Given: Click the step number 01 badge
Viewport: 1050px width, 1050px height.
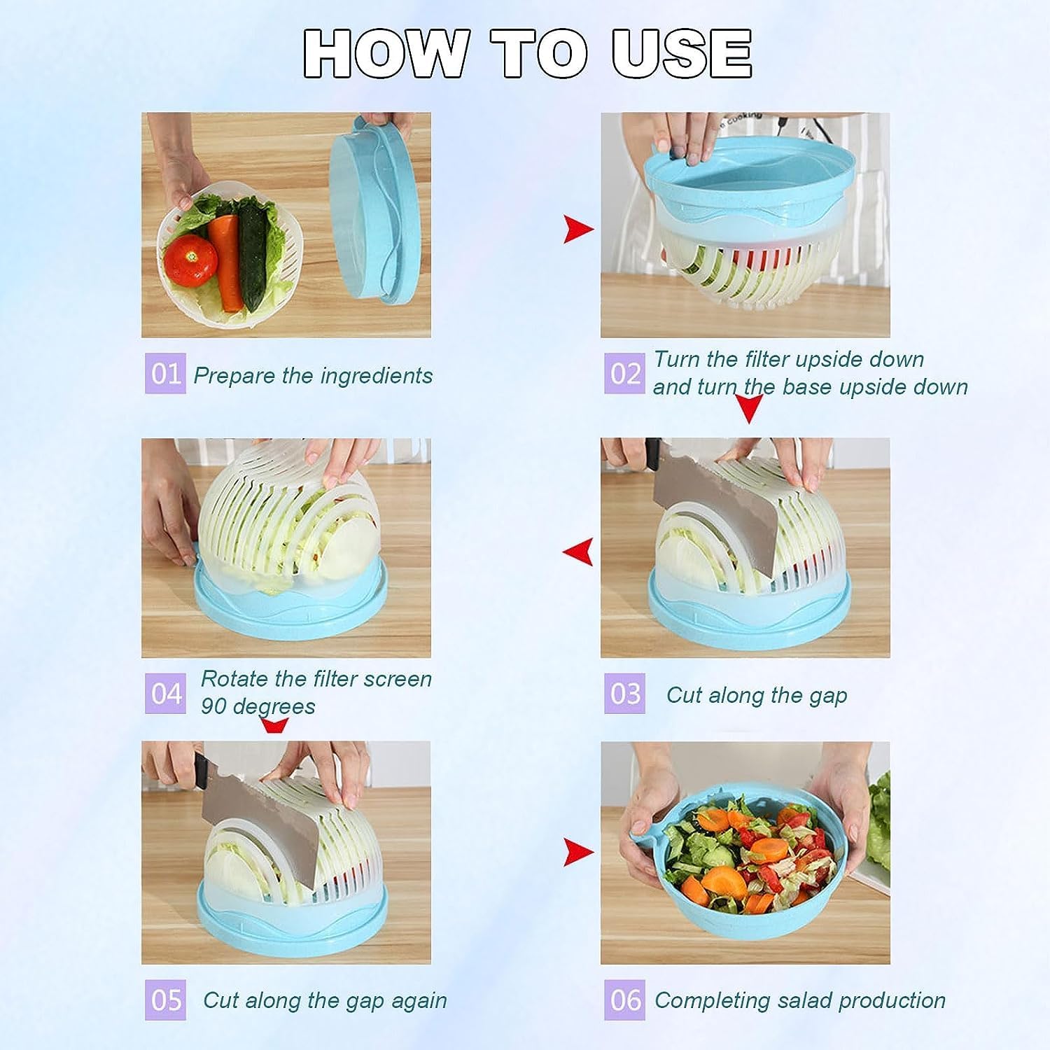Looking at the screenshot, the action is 165,374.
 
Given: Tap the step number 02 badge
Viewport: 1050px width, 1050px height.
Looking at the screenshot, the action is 624,374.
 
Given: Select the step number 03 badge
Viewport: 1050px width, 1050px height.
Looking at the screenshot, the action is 624,694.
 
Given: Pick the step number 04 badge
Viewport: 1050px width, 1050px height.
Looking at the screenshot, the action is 165,694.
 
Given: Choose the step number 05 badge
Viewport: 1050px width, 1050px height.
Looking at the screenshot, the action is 165,1000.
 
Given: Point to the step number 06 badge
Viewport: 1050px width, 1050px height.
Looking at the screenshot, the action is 624,1000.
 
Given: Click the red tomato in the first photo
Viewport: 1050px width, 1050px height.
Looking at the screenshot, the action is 190,259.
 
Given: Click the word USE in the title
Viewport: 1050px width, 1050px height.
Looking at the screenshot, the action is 682,53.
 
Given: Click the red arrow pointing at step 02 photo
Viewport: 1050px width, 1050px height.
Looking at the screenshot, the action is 578,229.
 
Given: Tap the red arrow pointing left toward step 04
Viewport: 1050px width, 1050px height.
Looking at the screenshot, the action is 578,551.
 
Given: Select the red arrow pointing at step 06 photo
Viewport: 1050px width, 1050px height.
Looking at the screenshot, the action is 578,851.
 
